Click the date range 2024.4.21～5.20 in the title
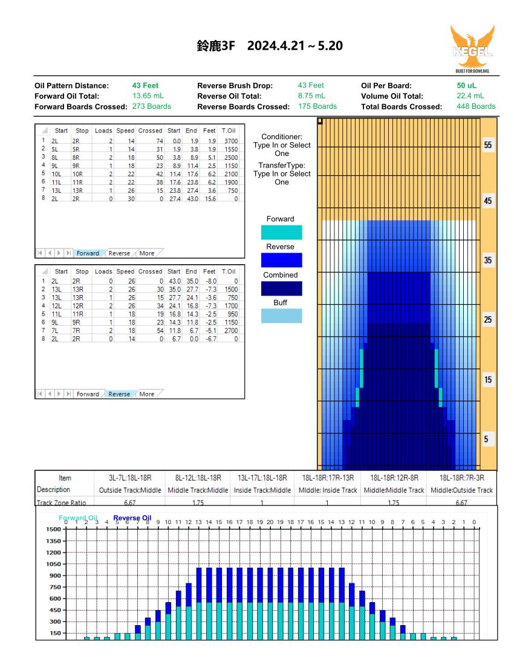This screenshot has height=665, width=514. (294, 45)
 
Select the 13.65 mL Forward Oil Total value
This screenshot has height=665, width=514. (148, 96)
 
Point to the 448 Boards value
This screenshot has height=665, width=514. (476, 106)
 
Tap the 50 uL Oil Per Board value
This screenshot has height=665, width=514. (466, 85)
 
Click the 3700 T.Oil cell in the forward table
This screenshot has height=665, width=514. (231, 141)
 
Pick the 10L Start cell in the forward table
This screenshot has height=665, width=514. (56, 174)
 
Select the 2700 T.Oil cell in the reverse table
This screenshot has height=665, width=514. (231, 330)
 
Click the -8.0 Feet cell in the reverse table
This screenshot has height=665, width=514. (211, 281)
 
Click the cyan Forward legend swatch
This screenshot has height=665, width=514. (282, 232)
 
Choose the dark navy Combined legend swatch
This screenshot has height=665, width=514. (282, 288)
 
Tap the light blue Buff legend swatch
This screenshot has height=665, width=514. (282, 316)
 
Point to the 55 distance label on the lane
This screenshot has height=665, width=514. (488, 145)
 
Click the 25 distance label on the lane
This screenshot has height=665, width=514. (488, 320)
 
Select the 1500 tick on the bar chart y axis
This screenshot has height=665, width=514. (54, 530)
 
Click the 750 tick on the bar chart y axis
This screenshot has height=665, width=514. (56, 587)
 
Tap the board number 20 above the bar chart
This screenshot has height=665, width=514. (270, 522)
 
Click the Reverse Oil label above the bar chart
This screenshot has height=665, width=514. (132, 518)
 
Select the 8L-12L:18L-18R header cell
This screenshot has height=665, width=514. (198, 478)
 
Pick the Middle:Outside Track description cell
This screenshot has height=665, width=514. (461, 490)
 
